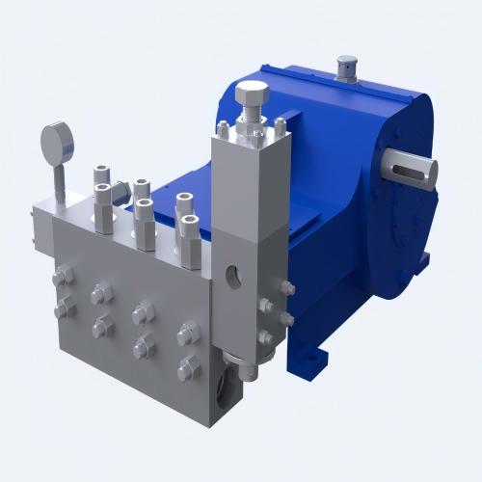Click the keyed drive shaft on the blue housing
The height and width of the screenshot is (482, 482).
412,171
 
